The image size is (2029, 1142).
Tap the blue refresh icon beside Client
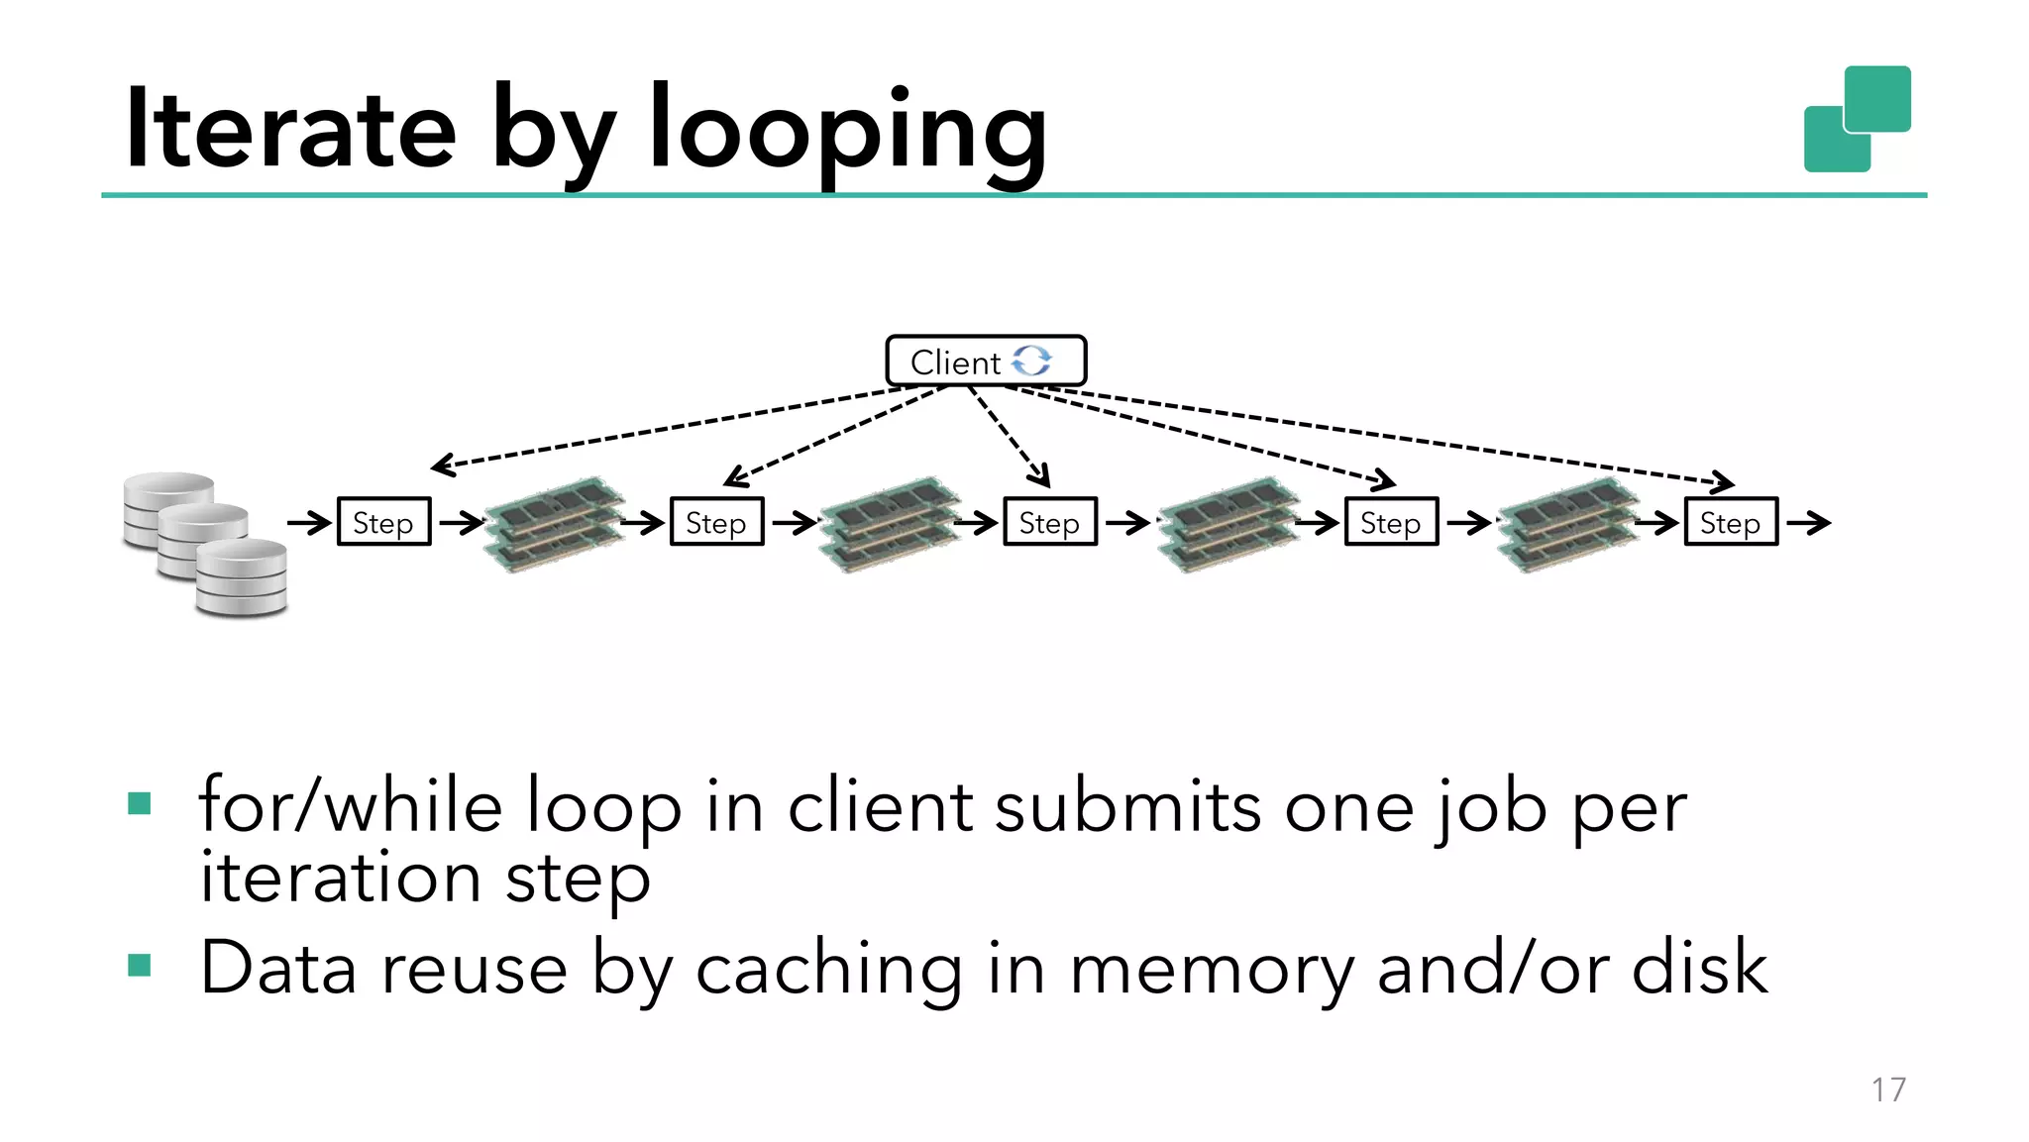click(x=1031, y=361)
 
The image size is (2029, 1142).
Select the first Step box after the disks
click(x=383, y=522)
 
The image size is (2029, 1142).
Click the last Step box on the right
click(x=1730, y=522)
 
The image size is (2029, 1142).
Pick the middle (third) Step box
click(x=1049, y=522)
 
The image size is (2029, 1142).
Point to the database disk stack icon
click(x=205, y=545)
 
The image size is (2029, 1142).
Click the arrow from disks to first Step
click(x=309, y=522)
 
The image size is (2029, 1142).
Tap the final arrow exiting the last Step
click(x=1808, y=522)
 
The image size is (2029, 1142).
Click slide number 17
click(x=1888, y=1090)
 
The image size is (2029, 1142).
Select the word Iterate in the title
click(x=290, y=129)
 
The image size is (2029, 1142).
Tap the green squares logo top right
click(x=1857, y=119)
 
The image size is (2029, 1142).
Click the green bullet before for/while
click(x=140, y=803)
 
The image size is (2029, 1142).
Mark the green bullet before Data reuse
click(x=140, y=965)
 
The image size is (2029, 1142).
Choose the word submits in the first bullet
click(x=1127, y=806)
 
